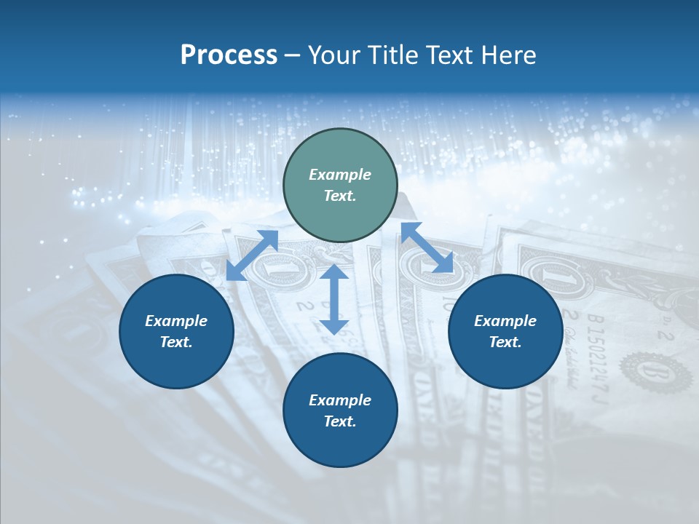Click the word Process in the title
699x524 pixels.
[229, 55]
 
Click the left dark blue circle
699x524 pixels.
[176, 331]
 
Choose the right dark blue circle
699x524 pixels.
[505, 331]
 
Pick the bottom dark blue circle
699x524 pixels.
[340, 410]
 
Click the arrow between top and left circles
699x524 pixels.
[252, 255]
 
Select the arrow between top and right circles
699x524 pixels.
[427, 247]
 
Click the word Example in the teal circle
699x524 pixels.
[340, 175]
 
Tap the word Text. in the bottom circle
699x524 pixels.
[340, 421]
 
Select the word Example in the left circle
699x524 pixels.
[176, 321]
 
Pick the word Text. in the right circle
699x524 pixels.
[505, 342]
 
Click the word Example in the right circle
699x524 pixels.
[505, 321]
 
